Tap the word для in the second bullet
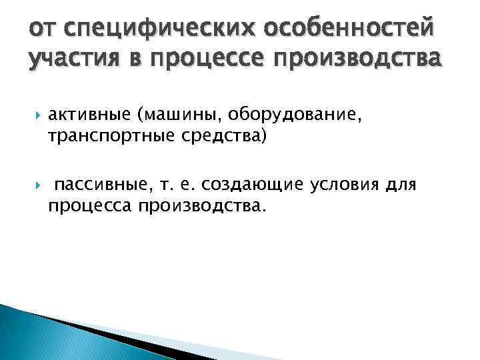coord(401,185)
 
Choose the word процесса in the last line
coord(89,206)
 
